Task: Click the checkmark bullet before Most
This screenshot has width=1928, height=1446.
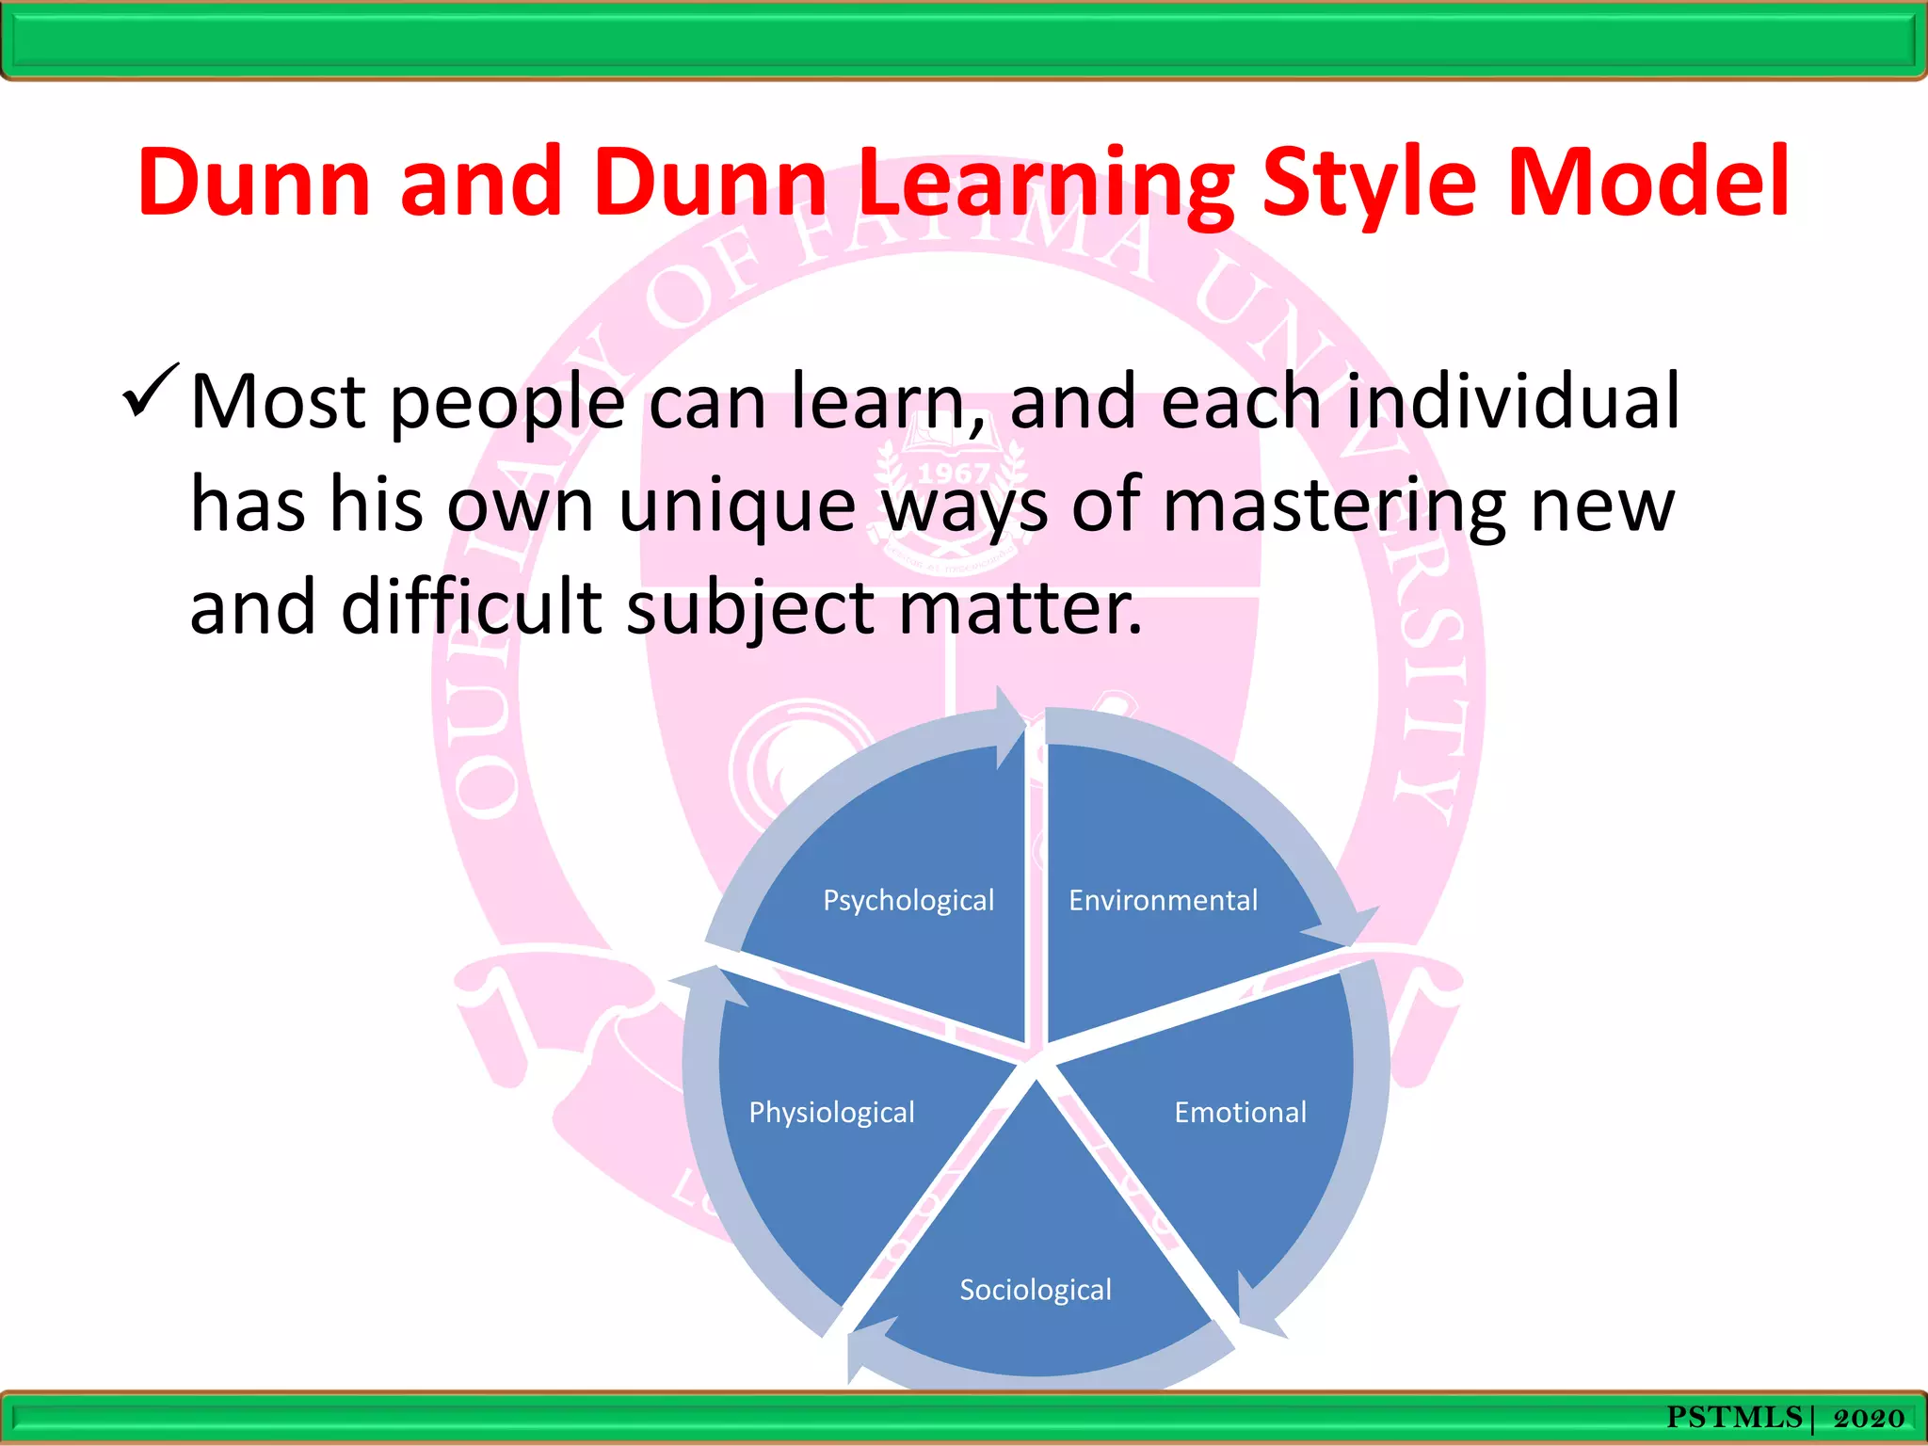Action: (149, 393)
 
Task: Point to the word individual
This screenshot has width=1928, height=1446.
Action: (1513, 402)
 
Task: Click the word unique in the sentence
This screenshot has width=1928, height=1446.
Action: (736, 506)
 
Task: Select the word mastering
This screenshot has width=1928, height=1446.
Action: (1335, 506)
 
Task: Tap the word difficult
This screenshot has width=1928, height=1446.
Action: (471, 607)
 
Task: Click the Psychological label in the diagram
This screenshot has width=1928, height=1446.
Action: (908, 901)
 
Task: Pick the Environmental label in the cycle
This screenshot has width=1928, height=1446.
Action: (1163, 901)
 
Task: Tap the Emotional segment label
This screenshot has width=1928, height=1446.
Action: (1240, 1113)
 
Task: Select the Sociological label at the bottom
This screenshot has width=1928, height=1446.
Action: (1036, 1290)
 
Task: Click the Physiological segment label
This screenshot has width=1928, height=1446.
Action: (831, 1113)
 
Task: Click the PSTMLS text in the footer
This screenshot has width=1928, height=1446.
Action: (1733, 1418)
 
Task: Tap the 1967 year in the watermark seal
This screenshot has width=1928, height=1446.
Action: (953, 473)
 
